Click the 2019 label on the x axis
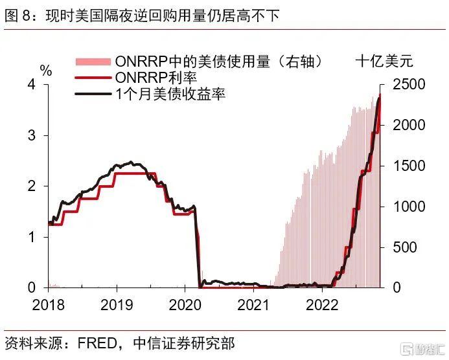117,304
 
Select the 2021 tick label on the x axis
253,304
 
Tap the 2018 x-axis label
48,304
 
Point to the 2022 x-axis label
322,304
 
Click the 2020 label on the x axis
185,304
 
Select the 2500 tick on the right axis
409,84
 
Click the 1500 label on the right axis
409,166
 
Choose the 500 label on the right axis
405,247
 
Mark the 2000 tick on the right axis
409,125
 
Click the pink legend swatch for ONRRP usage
93,62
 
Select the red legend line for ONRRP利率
93,78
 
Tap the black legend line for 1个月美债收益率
93,94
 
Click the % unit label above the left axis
46,70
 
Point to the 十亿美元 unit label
384,62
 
